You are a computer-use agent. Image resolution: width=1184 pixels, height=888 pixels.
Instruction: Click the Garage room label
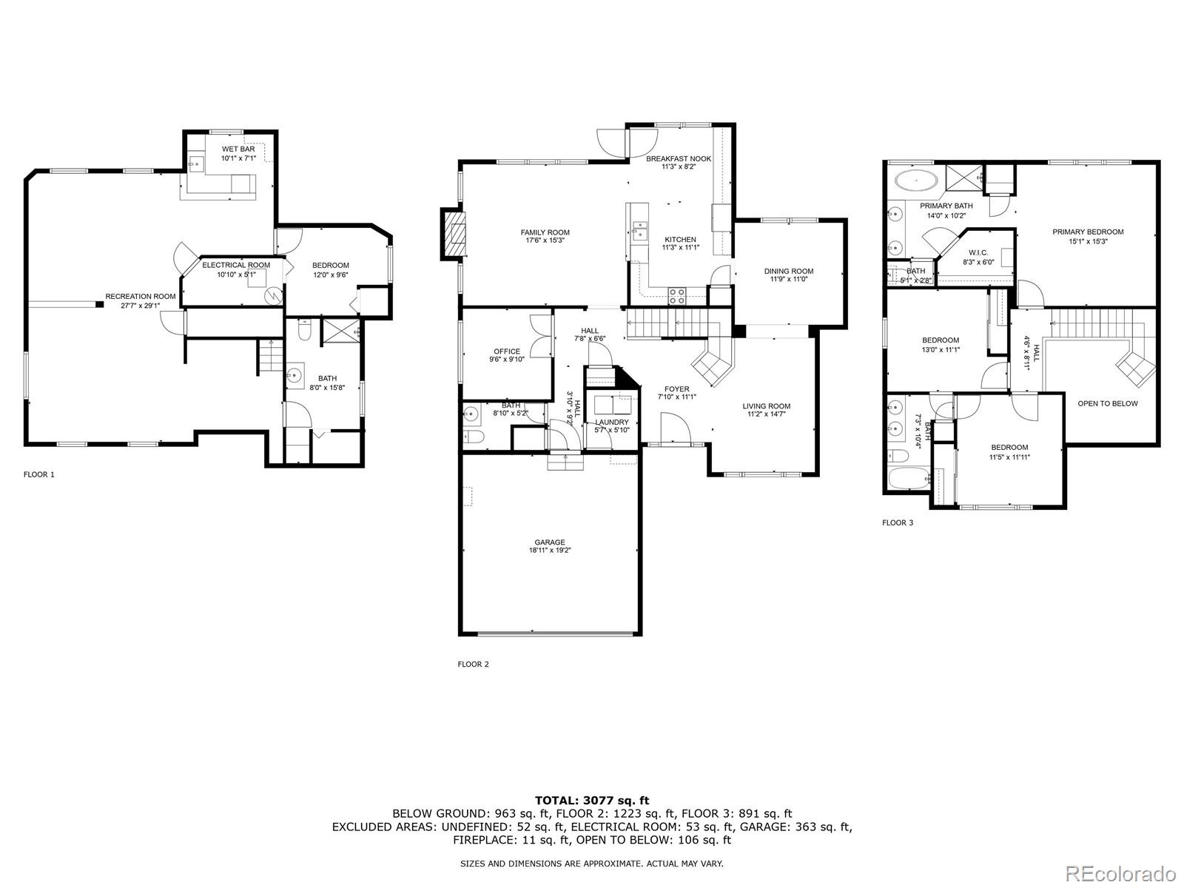(x=550, y=542)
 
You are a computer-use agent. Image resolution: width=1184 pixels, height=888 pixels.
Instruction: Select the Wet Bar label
(x=238, y=149)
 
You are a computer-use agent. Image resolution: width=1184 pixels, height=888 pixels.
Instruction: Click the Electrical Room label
(x=236, y=265)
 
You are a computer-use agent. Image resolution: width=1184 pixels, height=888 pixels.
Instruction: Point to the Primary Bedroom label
(x=1088, y=232)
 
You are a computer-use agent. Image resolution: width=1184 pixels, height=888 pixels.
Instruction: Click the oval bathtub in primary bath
(x=916, y=180)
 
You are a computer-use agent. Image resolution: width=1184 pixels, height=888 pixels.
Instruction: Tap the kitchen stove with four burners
(x=677, y=295)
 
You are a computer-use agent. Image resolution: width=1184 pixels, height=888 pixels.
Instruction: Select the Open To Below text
(x=1107, y=403)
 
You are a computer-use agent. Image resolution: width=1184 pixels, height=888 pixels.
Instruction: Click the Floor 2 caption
(x=473, y=664)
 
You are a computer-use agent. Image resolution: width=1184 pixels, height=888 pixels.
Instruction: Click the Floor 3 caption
(x=897, y=522)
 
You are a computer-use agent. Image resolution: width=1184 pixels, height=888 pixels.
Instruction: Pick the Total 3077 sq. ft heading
(x=592, y=800)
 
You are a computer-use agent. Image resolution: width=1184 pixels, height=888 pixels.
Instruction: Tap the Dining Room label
(x=789, y=271)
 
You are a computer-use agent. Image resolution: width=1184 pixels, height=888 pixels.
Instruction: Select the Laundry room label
(x=612, y=422)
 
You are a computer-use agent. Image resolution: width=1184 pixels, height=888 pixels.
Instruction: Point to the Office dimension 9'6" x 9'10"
(x=507, y=360)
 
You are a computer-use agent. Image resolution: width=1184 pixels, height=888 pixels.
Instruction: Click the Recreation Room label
(x=141, y=296)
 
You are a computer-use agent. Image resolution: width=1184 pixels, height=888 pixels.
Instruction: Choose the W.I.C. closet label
(x=978, y=252)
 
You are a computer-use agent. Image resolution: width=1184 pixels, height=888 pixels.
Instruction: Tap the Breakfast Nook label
(x=679, y=158)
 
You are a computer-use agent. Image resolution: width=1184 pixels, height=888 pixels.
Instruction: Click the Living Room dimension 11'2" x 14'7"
(x=767, y=414)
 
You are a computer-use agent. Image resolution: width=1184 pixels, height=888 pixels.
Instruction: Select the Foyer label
(x=676, y=388)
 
